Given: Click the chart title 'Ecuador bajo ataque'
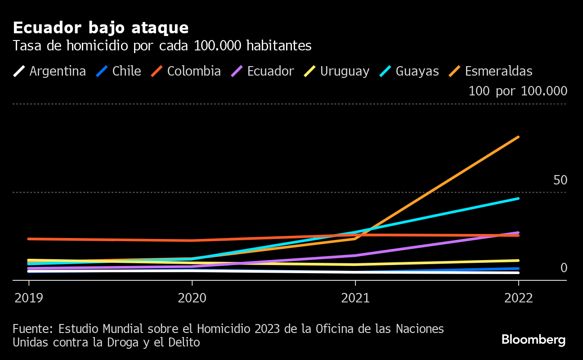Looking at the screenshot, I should click(x=101, y=28).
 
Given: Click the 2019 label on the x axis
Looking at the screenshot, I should click(x=29, y=298).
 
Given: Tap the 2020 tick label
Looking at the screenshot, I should click(x=192, y=298).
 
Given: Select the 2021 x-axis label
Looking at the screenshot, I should click(x=355, y=298).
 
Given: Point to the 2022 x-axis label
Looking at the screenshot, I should click(x=519, y=298).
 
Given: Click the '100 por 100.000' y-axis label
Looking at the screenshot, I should click(x=518, y=91).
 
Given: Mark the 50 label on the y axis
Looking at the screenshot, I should click(x=560, y=180).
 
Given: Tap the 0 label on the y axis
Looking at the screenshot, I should click(x=564, y=268).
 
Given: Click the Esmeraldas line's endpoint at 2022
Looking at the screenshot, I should click(x=518, y=137).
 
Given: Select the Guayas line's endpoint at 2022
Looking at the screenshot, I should click(x=518, y=198).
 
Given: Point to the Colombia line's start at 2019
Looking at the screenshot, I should click(x=29, y=238).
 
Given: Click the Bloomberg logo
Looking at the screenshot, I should click(x=534, y=339).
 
